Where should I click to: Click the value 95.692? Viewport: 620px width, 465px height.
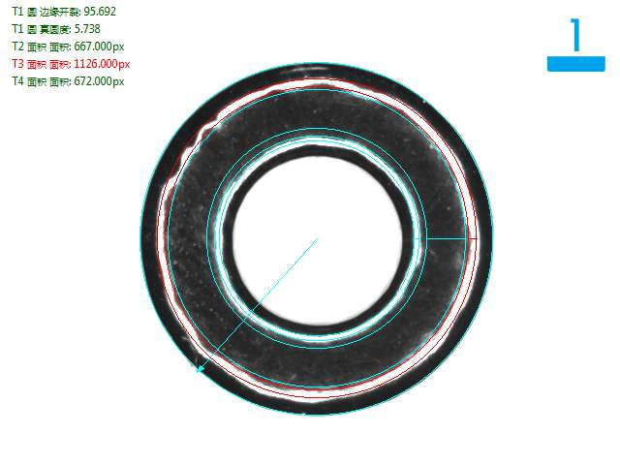point(100,12)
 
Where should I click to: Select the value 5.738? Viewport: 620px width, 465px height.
point(87,29)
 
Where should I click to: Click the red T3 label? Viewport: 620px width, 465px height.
point(17,64)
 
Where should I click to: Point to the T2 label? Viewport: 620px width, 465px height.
point(17,46)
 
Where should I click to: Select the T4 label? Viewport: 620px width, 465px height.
point(17,81)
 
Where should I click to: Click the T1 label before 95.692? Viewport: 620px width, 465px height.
point(17,12)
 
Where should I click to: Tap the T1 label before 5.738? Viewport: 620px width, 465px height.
point(17,29)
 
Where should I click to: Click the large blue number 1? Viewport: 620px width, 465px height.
point(575,35)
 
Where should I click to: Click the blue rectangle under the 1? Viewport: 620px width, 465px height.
point(576,64)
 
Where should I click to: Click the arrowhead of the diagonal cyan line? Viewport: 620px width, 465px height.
point(201,369)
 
